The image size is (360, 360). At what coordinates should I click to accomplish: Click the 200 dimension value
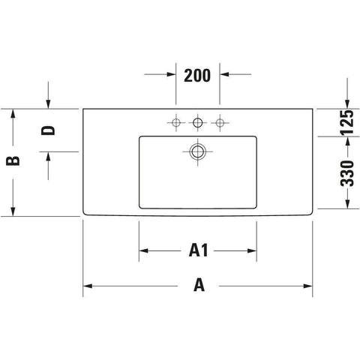[x=197, y=76]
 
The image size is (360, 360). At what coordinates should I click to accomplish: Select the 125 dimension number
[x=347, y=123]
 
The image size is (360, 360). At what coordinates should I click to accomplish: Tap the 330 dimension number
[x=347, y=173]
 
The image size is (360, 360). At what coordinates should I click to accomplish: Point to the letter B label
[x=13, y=160]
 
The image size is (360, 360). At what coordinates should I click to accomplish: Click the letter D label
[x=48, y=130]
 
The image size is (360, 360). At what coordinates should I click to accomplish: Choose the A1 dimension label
[x=198, y=250]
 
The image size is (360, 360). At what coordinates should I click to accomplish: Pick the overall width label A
[x=199, y=286]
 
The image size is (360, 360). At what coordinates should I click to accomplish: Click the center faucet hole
[x=198, y=122]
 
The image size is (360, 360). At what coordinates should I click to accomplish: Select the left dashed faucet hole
[x=176, y=122]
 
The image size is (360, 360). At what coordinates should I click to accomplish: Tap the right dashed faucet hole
[x=220, y=122]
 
